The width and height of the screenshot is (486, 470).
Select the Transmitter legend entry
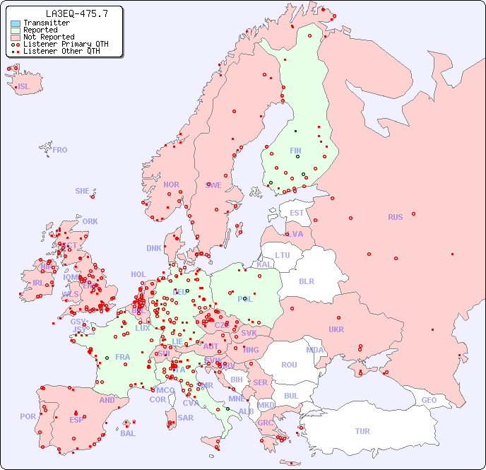pyautogui.click(x=46, y=23)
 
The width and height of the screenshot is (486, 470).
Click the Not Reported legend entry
pyautogui.click(x=48, y=37)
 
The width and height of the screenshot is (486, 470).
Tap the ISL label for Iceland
pyautogui.click(x=24, y=87)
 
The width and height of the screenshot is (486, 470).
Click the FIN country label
pyautogui.click(x=295, y=151)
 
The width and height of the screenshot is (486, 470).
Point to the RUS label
pyautogui.click(x=395, y=217)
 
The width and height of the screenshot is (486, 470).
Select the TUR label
pyautogui.click(x=362, y=431)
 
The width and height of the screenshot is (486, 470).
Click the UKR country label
pyautogui.click(x=336, y=329)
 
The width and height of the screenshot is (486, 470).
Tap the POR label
pyautogui.click(x=28, y=416)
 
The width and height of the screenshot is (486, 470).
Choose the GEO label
pyautogui.click(x=429, y=400)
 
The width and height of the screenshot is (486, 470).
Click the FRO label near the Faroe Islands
pyautogui.click(x=60, y=150)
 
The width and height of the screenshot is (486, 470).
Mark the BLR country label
pyautogui.click(x=306, y=281)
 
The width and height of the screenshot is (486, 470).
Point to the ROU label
pyautogui.click(x=289, y=365)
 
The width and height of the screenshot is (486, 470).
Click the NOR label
pyautogui.click(x=171, y=184)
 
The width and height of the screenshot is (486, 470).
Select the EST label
pyautogui.click(x=297, y=213)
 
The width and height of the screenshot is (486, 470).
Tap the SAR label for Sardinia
pyautogui.click(x=185, y=418)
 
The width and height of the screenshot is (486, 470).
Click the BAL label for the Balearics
pyautogui.click(x=127, y=433)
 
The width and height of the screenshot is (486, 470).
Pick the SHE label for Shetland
pyautogui.click(x=83, y=191)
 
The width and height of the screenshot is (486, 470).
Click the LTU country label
pyautogui.click(x=283, y=255)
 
